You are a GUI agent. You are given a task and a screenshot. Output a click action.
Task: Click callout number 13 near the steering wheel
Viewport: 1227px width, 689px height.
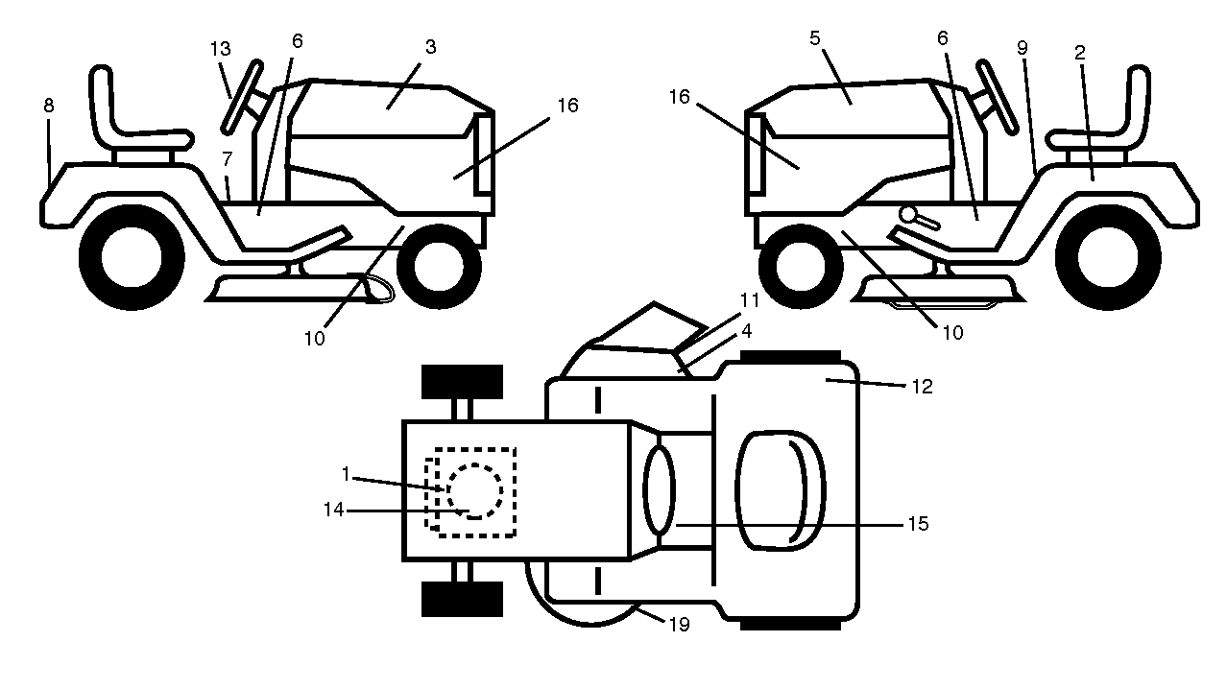pos(221,49)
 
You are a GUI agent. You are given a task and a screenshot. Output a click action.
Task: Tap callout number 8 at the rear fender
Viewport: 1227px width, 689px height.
pos(49,106)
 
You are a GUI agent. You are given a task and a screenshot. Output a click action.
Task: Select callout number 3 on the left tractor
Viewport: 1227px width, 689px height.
pos(430,47)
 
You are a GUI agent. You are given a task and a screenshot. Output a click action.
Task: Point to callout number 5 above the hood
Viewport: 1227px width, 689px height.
pos(815,38)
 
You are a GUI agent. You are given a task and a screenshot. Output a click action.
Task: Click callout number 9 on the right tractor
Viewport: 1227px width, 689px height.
pos(1022,48)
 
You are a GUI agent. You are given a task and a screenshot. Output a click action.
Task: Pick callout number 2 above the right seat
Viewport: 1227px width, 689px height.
pos(1080,53)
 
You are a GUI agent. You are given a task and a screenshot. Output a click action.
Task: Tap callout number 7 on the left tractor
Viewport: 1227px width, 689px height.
pos(228,159)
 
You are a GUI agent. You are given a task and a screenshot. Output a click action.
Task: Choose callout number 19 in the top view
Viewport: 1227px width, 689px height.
pos(679,625)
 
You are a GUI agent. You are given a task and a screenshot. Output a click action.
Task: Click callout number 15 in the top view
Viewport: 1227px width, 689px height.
pos(918,524)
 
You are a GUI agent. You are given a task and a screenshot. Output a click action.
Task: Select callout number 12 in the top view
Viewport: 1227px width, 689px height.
pos(922,387)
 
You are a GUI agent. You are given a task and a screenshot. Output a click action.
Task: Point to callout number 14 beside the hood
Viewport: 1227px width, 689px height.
pos(333,510)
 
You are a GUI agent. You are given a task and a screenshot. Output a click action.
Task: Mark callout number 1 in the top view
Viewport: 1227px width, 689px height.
pos(345,474)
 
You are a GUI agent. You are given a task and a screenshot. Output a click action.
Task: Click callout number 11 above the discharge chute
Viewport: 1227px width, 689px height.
pos(749,300)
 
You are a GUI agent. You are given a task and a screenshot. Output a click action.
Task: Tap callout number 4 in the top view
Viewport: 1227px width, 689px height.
pos(746,331)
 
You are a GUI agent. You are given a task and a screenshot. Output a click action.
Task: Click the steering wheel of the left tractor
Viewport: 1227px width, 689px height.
pos(242,97)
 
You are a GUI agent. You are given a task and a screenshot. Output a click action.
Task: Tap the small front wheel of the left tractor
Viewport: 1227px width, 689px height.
pos(439,267)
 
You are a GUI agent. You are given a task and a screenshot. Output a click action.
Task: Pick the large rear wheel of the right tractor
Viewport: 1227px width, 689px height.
pos(1108,257)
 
